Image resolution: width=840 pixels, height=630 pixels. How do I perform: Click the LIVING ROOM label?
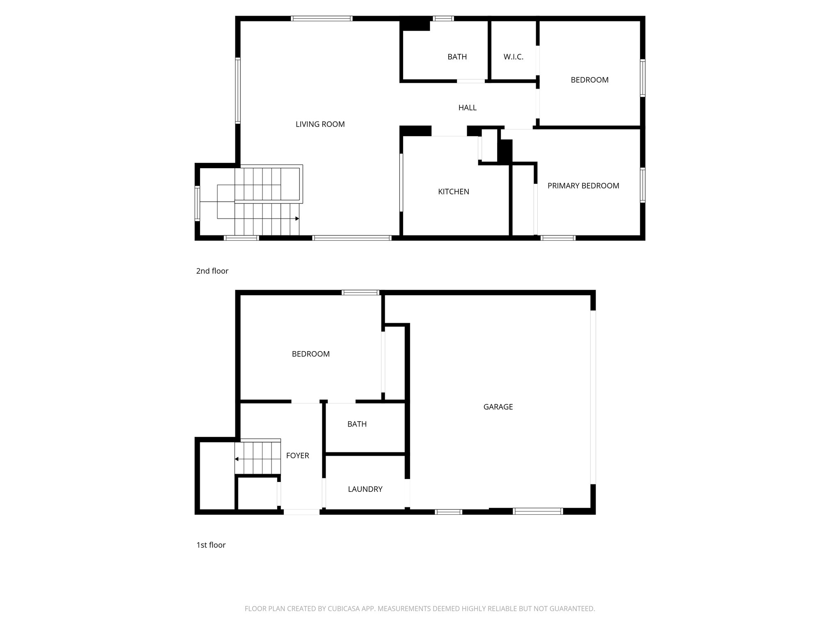(x=320, y=124)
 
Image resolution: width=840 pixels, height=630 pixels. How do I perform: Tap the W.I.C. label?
(x=514, y=57)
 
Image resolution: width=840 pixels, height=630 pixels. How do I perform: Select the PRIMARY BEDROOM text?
(x=583, y=186)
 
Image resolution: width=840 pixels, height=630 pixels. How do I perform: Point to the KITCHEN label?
(x=453, y=192)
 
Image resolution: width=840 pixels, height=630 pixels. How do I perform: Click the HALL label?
(x=467, y=108)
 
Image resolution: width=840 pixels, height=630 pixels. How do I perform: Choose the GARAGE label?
(x=498, y=407)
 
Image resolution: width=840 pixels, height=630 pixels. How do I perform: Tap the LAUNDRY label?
(x=365, y=489)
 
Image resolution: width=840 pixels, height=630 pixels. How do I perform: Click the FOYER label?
(x=297, y=456)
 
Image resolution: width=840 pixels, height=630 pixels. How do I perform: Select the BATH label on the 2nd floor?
(x=457, y=57)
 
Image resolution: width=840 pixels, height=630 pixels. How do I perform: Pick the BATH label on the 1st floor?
(x=357, y=424)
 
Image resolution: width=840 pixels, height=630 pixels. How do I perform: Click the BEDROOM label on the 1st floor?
(x=310, y=354)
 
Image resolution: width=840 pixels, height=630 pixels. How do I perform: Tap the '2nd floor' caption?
(x=212, y=271)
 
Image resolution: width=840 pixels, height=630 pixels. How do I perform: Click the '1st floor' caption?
(x=211, y=545)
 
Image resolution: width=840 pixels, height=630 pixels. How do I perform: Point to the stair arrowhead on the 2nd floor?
(x=297, y=219)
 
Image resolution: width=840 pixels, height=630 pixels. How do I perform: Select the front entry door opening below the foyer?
(x=301, y=511)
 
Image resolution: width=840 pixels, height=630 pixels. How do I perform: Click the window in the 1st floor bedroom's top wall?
(x=361, y=292)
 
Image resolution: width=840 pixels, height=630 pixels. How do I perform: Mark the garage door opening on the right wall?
(x=593, y=397)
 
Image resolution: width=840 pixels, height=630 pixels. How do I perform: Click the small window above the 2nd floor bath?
(x=443, y=18)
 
